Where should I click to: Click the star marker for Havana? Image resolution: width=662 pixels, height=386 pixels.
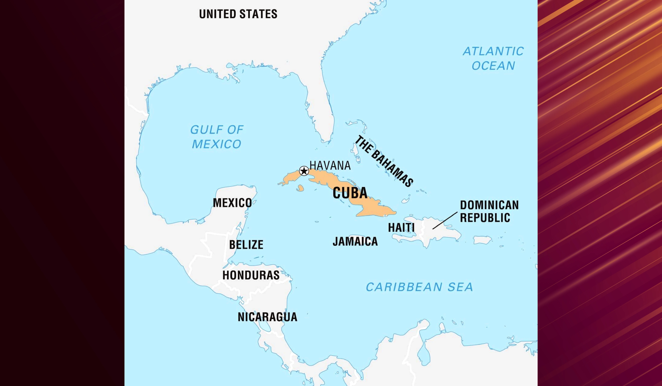pos(304,171)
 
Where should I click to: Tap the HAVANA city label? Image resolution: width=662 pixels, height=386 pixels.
pos(330,165)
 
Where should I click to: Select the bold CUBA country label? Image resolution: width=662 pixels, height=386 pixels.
pos(350,193)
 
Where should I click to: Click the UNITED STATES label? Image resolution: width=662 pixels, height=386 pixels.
pos(238,14)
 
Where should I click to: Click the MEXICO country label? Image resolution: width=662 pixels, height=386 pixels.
pos(232,203)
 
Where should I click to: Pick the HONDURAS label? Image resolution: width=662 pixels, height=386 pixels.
pos(251,275)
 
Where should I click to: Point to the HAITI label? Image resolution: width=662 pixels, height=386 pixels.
pos(401,227)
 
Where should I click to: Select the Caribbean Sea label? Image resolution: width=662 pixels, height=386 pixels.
pos(419,287)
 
